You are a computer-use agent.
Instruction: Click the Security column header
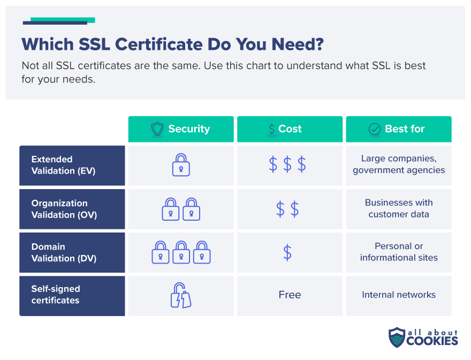pyautogui.click(x=181, y=129)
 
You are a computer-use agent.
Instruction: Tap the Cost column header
pyautogui.click(x=290, y=129)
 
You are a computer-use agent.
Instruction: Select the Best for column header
pyautogui.click(x=398, y=129)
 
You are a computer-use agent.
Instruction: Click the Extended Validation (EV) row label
pyautogui.click(x=72, y=165)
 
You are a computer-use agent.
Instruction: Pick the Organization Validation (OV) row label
pyautogui.click(x=72, y=209)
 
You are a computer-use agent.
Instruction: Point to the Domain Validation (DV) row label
pyautogui.click(x=72, y=252)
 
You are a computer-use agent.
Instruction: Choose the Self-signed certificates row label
pyautogui.click(x=72, y=295)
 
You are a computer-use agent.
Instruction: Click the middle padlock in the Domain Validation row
pyautogui.click(x=181, y=252)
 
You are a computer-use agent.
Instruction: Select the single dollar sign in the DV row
pyautogui.click(x=287, y=252)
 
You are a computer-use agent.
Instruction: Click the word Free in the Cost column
pyautogui.click(x=290, y=295)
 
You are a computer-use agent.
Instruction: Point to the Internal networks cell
pyautogui.click(x=399, y=295)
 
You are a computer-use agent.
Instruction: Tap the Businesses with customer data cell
pyautogui.click(x=399, y=208)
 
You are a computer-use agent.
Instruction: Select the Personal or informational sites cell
pyautogui.click(x=399, y=252)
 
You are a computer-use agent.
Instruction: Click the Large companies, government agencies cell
pyautogui.click(x=399, y=164)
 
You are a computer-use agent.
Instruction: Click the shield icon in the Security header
pyautogui.click(x=157, y=129)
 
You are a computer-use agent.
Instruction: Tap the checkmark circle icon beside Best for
pyautogui.click(x=375, y=129)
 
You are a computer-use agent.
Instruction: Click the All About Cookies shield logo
pyautogui.click(x=397, y=337)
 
